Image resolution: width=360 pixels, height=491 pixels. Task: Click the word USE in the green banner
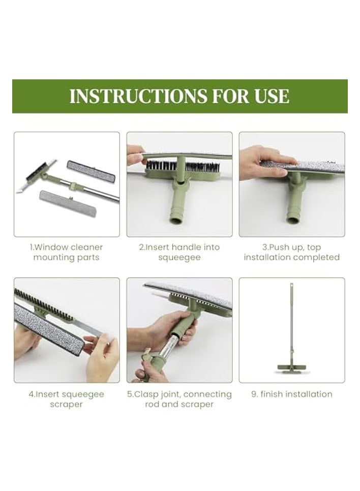click(271, 96)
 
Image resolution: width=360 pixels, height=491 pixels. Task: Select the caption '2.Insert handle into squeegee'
click(179, 252)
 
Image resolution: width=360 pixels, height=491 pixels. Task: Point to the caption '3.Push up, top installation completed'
click(291, 252)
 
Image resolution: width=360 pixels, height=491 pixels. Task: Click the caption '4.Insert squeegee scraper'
click(67, 399)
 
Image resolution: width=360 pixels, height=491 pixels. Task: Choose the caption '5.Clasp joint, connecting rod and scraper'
click(179, 399)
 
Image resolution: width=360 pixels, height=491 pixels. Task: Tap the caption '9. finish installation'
click(291, 394)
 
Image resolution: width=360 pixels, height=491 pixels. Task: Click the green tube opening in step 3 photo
click(294, 220)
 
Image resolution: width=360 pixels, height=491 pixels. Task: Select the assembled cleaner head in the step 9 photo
click(292, 366)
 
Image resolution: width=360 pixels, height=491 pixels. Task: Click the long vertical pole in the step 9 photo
click(292, 320)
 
